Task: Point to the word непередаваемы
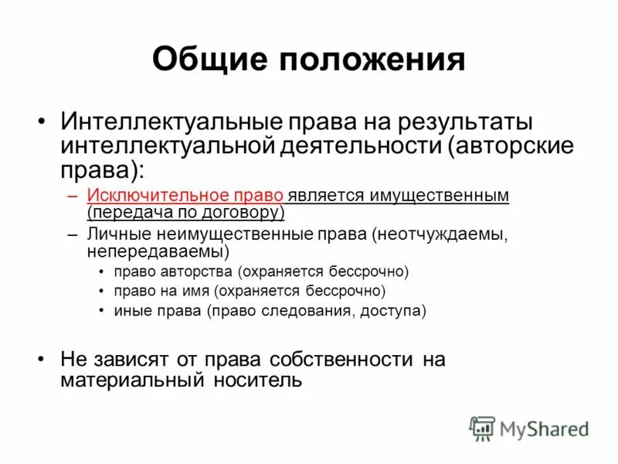point(157,251)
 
